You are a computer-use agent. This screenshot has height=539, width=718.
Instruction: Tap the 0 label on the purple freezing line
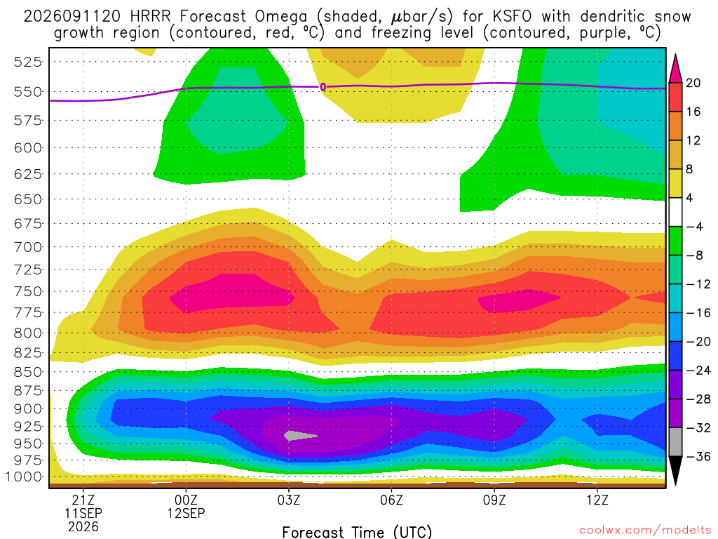[323, 87]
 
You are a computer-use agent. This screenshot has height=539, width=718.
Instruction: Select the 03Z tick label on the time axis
[288, 500]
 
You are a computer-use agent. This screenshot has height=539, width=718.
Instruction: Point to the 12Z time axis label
[597, 500]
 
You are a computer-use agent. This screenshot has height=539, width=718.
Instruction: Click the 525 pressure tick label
[28, 62]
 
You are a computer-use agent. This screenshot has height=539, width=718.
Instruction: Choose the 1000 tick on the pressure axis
[24, 477]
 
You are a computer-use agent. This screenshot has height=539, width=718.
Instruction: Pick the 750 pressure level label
[28, 291]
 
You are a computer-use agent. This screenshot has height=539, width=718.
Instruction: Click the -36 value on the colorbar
[698, 456]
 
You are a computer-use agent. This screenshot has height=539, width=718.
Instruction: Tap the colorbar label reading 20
[693, 83]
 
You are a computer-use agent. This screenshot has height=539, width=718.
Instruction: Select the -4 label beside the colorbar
[694, 227]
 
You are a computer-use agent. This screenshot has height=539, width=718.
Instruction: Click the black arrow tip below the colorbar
[675, 485]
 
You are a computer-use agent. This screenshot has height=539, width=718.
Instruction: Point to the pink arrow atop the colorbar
[675, 68]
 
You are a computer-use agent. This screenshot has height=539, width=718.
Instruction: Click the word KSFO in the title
[512, 17]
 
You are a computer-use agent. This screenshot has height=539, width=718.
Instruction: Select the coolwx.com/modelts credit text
[645, 531]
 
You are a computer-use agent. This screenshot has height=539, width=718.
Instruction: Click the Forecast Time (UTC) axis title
[357, 532]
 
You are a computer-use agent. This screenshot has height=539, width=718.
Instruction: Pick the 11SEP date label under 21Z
[83, 513]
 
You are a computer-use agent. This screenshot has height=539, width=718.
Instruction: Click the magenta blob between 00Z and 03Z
[231, 293]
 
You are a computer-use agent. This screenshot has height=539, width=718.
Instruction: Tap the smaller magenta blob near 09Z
[520, 300]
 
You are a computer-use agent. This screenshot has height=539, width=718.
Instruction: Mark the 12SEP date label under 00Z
[186, 513]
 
